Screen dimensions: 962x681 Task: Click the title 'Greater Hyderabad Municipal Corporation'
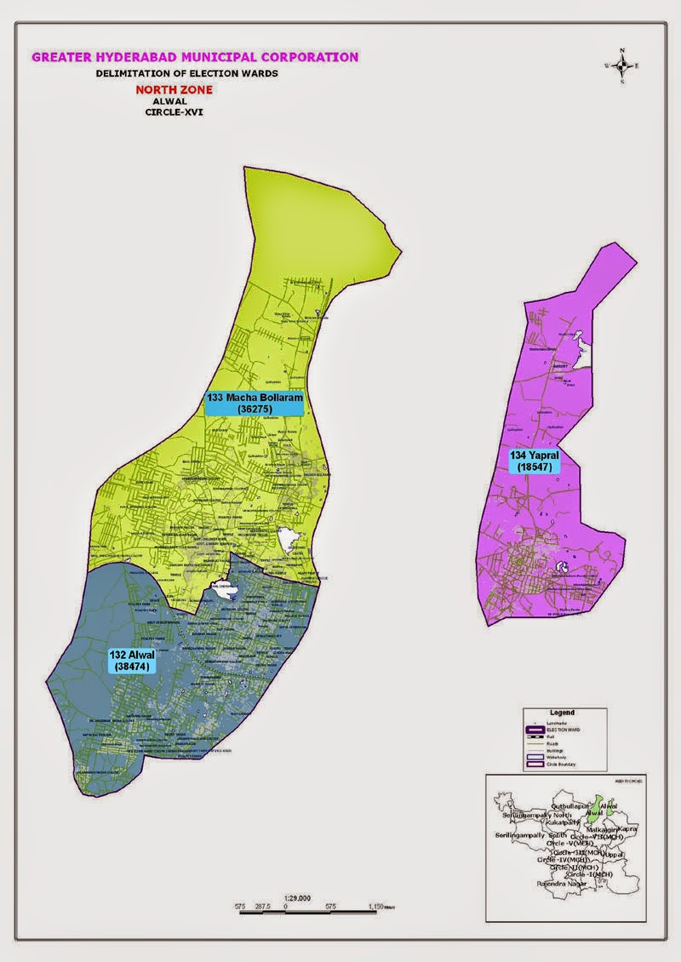pyautogui.click(x=195, y=58)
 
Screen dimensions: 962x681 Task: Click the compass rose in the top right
pyautogui.click(x=623, y=66)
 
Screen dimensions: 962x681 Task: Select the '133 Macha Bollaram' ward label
pyautogui.click(x=254, y=404)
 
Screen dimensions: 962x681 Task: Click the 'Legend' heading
pyautogui.click(x=562, y=712)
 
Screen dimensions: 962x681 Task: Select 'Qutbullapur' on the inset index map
pyautogui.click(x=572, y=805)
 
